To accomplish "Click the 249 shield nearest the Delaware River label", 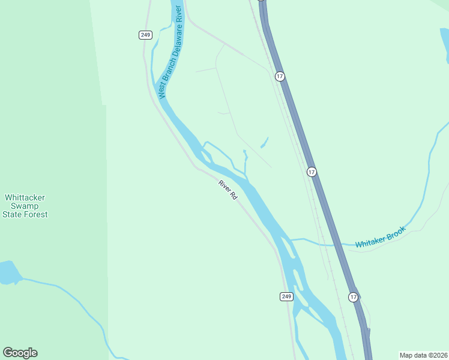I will [x=145, y=35].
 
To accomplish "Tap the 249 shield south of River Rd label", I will [x=286, y=296].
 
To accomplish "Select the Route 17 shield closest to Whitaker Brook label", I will [x=311, y=172].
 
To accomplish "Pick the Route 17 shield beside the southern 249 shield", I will [x=354, y=297].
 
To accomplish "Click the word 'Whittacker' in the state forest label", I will [x=25, y=197].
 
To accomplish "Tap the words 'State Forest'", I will [x=25, y=214].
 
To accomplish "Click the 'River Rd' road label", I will [x=228, y=190].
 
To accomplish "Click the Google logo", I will [x=20, y=353].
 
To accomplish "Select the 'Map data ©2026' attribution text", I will [x=423, y=355].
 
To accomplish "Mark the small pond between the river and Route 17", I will [x=264, y=143].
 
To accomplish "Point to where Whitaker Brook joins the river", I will [x=291, y=239].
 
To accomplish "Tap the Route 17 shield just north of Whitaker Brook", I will [x=311, y=172].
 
